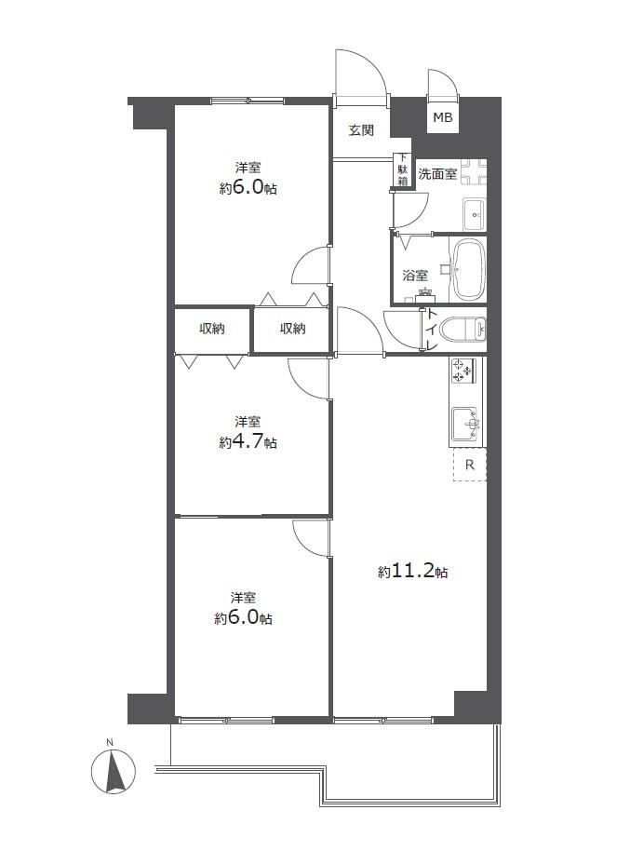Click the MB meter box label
tap(442, 117)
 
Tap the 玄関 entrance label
tap(361, 130)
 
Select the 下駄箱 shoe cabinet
tap(402, 170)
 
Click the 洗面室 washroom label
tap(437, 174)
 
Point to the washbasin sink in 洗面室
tap(475, 212)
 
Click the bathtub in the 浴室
tap(469, 270)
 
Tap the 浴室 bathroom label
tap(415, 276)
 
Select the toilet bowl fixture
tap(462, 330)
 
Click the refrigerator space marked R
tap(470, 465)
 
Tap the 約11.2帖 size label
tap(412, 572)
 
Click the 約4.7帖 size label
tap(248, 442)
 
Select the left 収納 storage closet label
tap(211, 329)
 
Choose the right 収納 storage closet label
tap(293, 329)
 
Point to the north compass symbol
tap(114, 771)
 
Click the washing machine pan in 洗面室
tap(474, 172)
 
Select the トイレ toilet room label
tap(432, 330)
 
